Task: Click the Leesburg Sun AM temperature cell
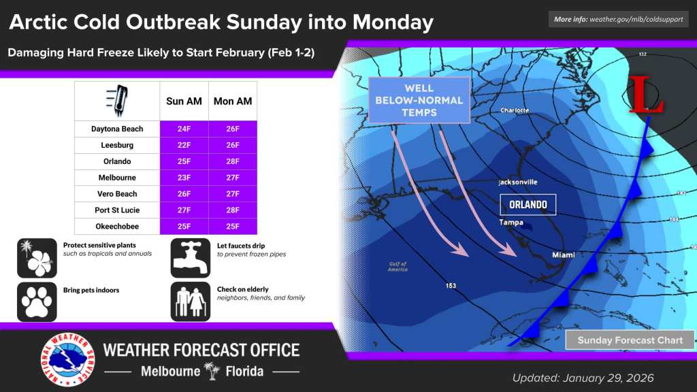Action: tap(184, 145)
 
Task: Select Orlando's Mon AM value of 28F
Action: tap(233, 161)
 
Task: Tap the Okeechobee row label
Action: tap(117, 226)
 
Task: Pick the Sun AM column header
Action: tap(184, 101)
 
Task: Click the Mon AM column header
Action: tap(233, 101)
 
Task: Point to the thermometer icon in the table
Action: tap(117, 101)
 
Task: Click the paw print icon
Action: tap(37, 301)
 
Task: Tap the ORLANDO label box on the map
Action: tap(528, 204)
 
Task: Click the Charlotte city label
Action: tap(515, 110)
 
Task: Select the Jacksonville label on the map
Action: tap(518, 182)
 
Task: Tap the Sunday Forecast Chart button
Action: tap(630, 340)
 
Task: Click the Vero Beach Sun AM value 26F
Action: tap(184, 193)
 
